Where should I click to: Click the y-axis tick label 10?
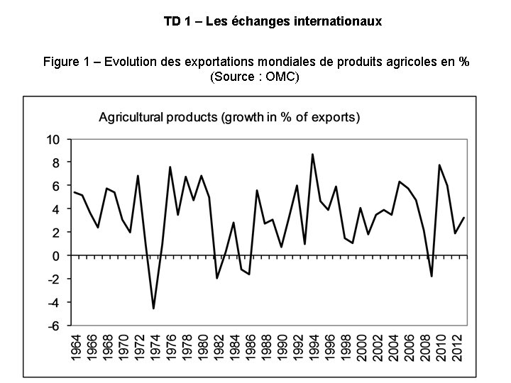tap(54, 139)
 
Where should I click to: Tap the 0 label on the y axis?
tap(57, 255)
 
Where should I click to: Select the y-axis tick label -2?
tap(54, 279)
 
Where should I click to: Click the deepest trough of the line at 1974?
tap(153, 309)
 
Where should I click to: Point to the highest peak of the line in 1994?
tap(312, 154)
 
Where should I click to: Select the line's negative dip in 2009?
tap(431, 276)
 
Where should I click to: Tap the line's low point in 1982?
tap(217, 278)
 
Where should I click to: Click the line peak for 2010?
tap(439, 165)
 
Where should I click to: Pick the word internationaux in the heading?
tap(341, 21)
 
